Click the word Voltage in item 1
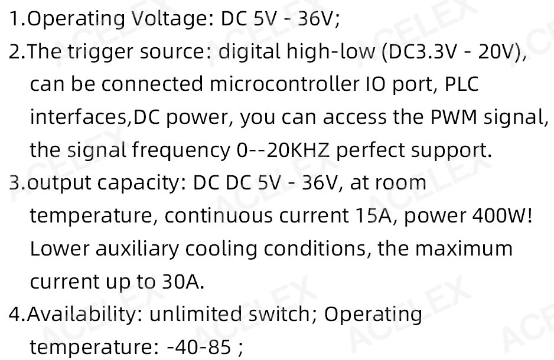pos(171,19)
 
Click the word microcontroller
pos(283,84)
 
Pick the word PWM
pos(454,117)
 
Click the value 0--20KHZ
pos(283,150)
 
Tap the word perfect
pos(370,151)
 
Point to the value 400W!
pos(503,215)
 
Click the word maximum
pos(464,248)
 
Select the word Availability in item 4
pos(84,315)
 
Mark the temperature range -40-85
pos(198,347)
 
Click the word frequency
pos(181,151)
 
